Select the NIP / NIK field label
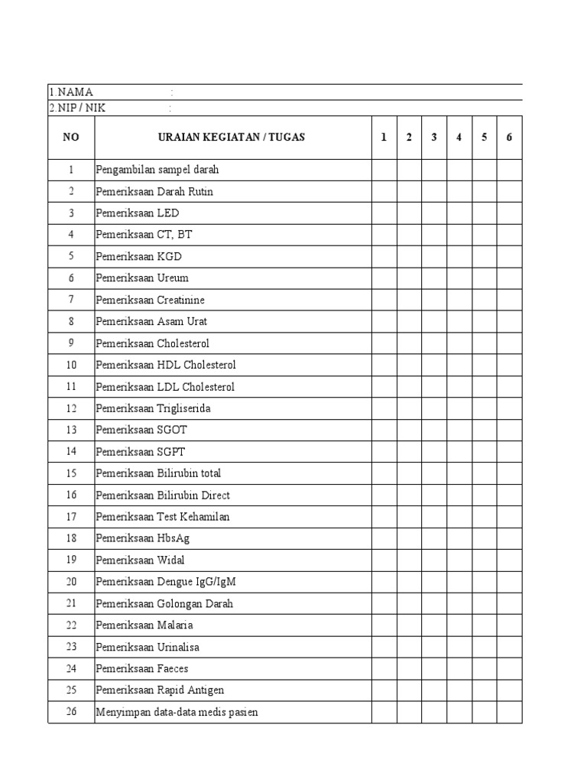[77, 108]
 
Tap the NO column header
[71, 138]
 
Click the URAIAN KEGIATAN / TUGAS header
[231, 138]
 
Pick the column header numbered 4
[459, 138]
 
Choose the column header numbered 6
[509, 138]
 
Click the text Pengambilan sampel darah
[157, 170]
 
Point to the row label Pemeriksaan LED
[138, 213]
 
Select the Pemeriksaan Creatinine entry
[150, 300]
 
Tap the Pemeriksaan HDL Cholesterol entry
[166, 365]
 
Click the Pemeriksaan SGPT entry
[141, 452]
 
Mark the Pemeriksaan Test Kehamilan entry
[162, 517]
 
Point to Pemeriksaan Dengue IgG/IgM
[166, 582]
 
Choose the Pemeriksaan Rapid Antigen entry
[160, 690]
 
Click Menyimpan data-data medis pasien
[177, 712]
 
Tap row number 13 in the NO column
[71, 430]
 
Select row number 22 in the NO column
[71, 625]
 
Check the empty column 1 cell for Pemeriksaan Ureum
[384, 278]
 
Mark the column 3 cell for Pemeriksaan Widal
[434, 560]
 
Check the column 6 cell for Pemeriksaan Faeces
[509, 669]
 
